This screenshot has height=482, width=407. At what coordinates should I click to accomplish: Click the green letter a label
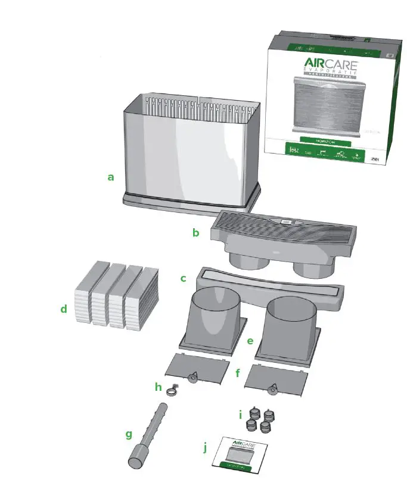[x=110, y=177]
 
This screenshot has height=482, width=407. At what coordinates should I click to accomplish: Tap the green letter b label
[x=195, y=233]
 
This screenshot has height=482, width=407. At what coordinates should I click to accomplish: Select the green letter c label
[x=184, y=278]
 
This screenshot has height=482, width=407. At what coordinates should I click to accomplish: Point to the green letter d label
[x=63, y=309]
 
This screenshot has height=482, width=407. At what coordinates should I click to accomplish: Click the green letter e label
[x=250, y=341]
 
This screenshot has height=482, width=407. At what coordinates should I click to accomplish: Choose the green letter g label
[x=128, y=434]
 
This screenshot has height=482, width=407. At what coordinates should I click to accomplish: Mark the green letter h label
[x=158, y=387]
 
